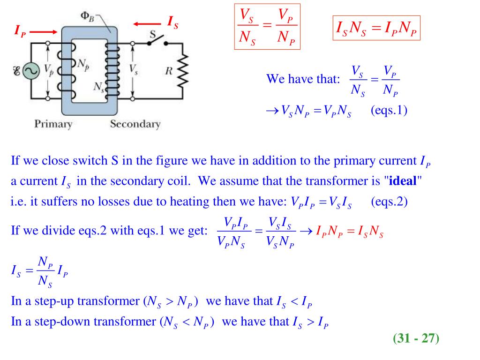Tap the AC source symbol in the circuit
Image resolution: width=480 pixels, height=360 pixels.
click(31, 71)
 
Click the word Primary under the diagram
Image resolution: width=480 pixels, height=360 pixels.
click(53, 124)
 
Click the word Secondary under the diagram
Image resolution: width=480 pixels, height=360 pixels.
click(135, 124)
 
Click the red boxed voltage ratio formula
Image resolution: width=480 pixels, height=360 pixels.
click(268, 27)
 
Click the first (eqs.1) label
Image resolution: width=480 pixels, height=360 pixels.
click(389, 111)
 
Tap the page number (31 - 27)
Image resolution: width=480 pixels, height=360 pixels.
click(416, 338)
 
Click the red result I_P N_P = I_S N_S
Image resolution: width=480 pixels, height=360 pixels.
click(350, 232)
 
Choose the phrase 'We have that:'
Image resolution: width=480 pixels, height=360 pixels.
click(302, 78)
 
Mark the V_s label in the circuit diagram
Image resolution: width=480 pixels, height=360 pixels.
click(134, 69)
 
